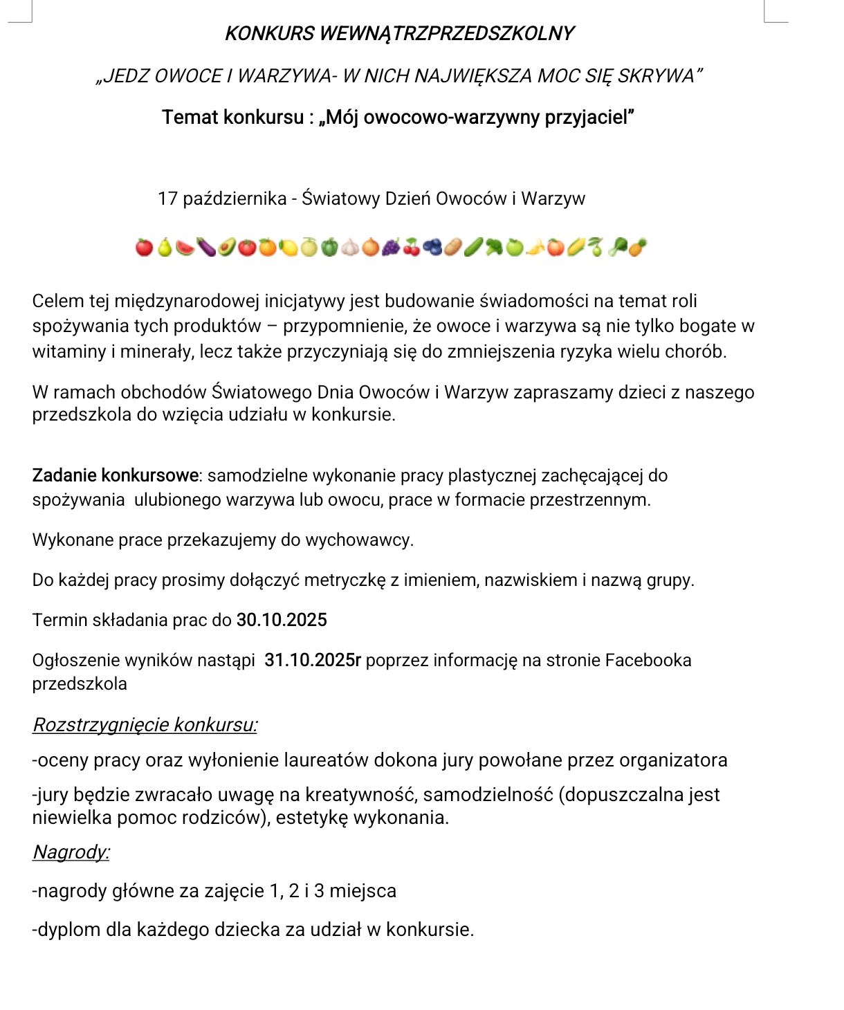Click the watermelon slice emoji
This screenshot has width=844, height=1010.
(185, 247)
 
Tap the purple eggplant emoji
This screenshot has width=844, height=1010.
(205, 247)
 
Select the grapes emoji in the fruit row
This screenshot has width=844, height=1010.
(391, 247)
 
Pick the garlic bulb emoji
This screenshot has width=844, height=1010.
(350, 247)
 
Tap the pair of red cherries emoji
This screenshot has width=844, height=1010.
(412, 247)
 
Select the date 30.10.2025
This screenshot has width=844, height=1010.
(282, 620)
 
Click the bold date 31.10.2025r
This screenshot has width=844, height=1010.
(313, 660)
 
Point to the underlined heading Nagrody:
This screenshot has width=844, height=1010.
(71, 852)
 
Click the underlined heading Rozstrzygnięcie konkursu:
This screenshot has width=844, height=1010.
(145, 724)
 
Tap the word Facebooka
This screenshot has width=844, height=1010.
(648, 660)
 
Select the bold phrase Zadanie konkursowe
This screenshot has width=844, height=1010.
(116, 475)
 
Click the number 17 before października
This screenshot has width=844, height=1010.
(167, 199)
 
